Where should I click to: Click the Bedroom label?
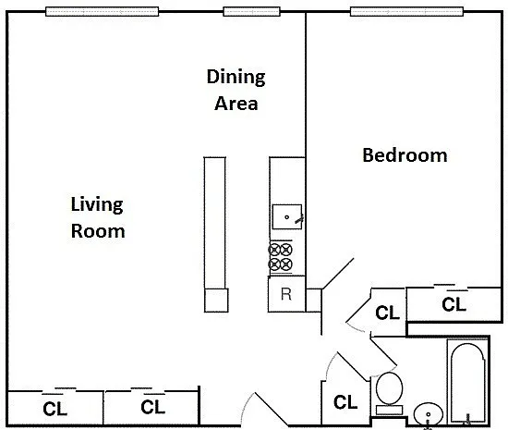point(405,155)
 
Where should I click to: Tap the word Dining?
point(236,77)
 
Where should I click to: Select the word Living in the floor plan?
point(97,204)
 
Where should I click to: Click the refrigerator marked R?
point(286,294)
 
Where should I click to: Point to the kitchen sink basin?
point(287,216)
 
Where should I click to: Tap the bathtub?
point(468,382)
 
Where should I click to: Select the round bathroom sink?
point(429,413)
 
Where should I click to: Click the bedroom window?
point(406,12)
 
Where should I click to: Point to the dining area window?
point(252,12)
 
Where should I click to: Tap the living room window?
point(102,12)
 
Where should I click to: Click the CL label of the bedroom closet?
point(454,304)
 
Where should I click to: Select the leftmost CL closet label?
point(54,409)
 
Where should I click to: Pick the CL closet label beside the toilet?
point(345,402)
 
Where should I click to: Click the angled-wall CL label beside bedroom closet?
point(388,313)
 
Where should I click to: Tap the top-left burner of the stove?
point(274,250)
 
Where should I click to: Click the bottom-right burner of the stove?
point(286,264)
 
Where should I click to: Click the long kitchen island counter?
point(215,235)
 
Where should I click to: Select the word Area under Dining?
point(236,104)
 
